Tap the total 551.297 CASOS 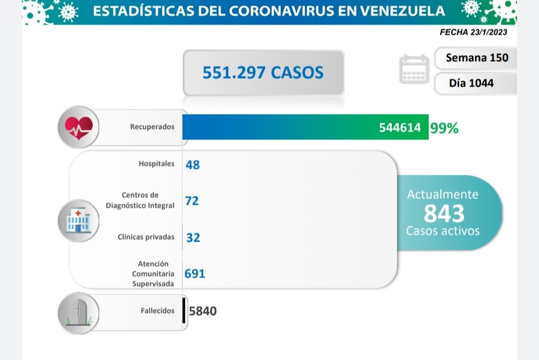pyautogui.click(x=263, y=73)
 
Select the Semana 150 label pyautogui.click(x=477, y=57)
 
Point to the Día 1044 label pyautogui.click(x=471, y=83)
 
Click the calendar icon pyautogui.click(x=414, y=70)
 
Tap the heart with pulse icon pyautogui.click(x=79, y=127)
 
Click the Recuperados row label pyautogui.click(x=152, y=127)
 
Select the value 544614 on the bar pyautogui.click(x=399, y=128)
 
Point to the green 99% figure pyautogui.click(x=444, y=128)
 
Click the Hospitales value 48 pyautogui.click(x=193, y=165)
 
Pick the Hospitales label pyautogui.click(x=157, y=164)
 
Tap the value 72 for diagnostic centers pyautogui.click(x=192, y=200)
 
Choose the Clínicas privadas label pyautogui.click(x=146, y=237)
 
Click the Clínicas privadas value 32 pyautogui.click(x=193, y=237)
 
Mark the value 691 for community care pyautogui.click(x=195, y=273)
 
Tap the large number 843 pyautogui.click(x=444, y=213)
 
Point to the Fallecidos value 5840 pyautogui.click(x=203, y=311)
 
